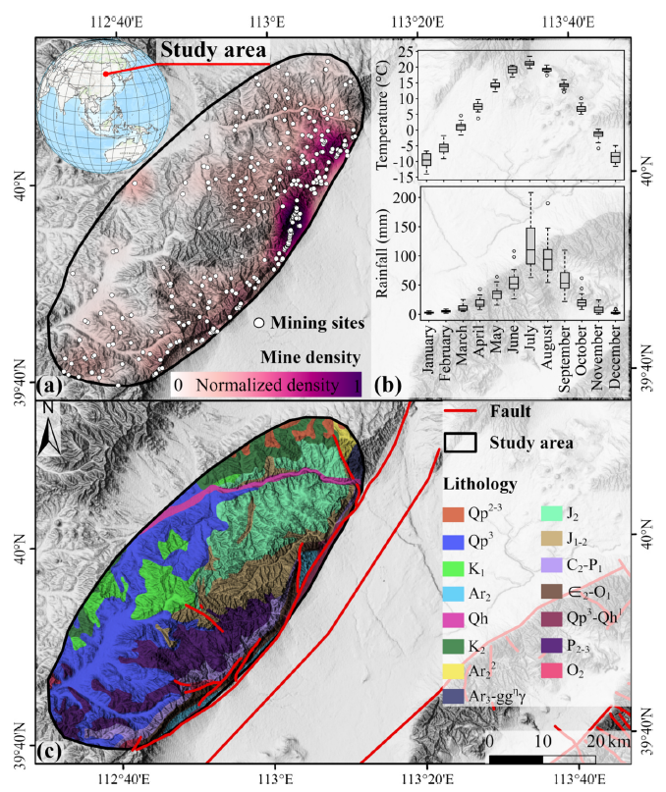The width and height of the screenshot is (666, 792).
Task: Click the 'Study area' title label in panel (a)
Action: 213,50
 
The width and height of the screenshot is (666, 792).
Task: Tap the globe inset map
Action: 105,107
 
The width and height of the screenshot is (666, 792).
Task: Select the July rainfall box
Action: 530,245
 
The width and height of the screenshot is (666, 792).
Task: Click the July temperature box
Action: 529,63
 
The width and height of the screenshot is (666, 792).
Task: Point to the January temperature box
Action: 426,159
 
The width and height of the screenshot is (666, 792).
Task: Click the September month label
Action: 565,358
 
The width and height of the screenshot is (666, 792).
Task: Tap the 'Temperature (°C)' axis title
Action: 382,115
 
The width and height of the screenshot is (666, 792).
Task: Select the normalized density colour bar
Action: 266,385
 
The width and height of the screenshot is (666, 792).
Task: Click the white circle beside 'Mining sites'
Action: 259,323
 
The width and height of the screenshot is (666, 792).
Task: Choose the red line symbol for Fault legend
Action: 460,411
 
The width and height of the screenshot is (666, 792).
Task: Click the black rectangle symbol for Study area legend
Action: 460,443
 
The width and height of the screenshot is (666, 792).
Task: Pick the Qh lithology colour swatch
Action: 453,619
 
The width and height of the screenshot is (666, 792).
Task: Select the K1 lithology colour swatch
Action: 453,569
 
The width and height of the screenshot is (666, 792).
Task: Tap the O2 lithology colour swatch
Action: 551,670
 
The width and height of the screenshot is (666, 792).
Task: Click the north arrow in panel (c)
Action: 49,429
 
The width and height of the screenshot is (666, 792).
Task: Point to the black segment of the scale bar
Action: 516,760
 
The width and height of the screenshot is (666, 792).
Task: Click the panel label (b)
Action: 388,386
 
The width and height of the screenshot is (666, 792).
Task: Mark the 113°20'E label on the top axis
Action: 417,23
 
